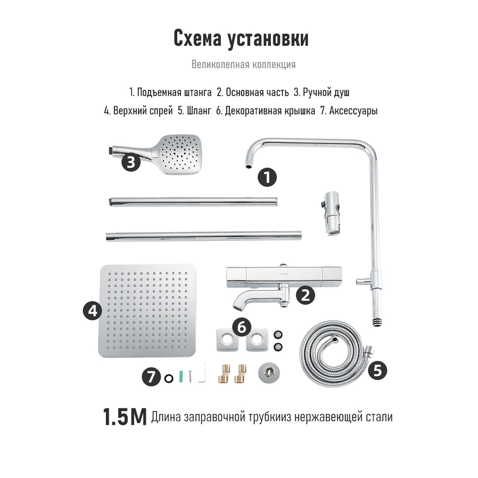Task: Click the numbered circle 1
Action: click(267, 177)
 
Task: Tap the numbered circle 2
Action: click(305, 295)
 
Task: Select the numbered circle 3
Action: click(131, 162)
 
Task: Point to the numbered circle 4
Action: click(93, 311)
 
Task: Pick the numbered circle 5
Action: click(377, 370)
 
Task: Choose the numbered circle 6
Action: click(242, 328)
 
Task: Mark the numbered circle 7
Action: click(151, 377)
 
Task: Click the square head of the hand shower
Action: click(180, 154)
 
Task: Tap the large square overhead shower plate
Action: click(147, 311)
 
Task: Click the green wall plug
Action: click(181, 376)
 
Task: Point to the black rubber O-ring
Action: click(169, 378)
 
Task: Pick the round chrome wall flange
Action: click(268, 373)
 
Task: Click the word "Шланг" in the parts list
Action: click(199, 111)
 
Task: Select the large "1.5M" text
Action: click(124, 417)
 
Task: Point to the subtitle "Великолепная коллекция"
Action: click(243, 64)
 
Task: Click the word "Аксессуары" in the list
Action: click(354, 111)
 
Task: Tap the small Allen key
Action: click(203, 373)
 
